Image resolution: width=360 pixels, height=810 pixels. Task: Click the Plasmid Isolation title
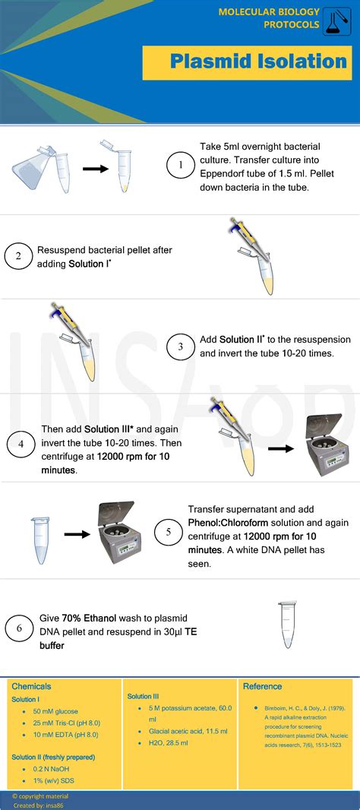[x=258, y=62]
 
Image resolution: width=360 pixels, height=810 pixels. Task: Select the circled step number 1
[x=180, y=165]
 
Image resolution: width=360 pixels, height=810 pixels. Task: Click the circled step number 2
[x=18, y=256]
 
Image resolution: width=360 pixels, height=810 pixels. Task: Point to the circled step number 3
[x=180, y=347]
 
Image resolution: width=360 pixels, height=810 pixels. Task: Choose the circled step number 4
[x=21, y=445]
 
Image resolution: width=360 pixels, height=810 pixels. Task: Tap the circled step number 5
[x=168, y=533]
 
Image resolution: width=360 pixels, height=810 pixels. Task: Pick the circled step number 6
[x=18, y=628]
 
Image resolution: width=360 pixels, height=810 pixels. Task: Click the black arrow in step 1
[x=95, y=169]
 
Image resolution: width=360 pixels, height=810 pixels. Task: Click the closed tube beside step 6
[x=286, y=625]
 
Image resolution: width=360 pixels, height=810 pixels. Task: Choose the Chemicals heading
[x=31, y=686]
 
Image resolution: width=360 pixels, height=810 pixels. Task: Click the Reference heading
[x=262, y=686]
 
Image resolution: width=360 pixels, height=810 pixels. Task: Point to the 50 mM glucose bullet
[x=55, y=711]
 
